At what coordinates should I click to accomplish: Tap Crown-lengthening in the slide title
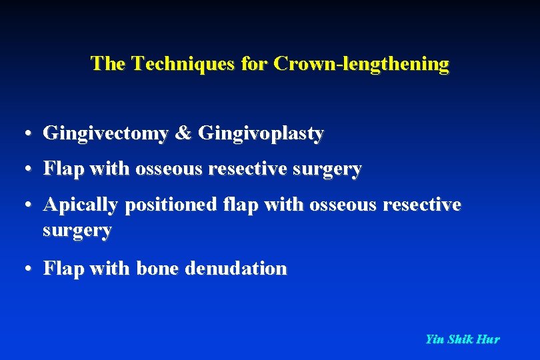point(361,64)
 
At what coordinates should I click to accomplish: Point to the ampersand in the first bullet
point(183,134)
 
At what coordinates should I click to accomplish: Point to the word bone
point(158,269)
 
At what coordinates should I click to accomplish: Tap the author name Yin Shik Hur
point(462,339)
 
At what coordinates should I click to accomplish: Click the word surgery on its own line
point(77,231)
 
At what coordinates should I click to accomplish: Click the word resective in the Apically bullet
point(423,205)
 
